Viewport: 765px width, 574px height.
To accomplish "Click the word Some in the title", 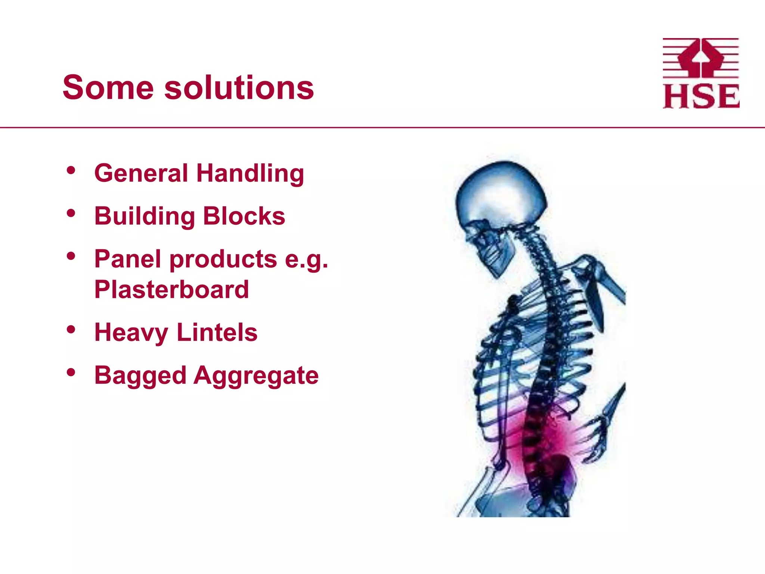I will (108, 88).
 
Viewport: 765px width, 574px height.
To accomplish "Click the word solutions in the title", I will (239, 88).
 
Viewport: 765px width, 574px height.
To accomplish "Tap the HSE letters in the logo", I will (701, 97).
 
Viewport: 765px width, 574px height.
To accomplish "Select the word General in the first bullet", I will (141, 173).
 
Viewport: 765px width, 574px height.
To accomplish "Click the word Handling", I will (250, 174).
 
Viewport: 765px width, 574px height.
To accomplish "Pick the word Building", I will (145, 217).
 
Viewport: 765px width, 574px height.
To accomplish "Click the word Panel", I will (127, 259).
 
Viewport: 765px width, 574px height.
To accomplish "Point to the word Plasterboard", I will (171, 290).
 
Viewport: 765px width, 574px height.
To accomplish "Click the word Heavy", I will (131, 333).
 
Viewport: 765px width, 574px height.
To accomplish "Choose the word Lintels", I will (217, 332).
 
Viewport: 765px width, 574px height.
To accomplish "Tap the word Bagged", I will (140, 376).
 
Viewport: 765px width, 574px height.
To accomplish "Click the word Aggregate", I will (256, 376).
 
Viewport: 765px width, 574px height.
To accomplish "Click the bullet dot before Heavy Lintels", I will (71, 330).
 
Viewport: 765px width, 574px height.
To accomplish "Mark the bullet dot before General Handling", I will (71, 170).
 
